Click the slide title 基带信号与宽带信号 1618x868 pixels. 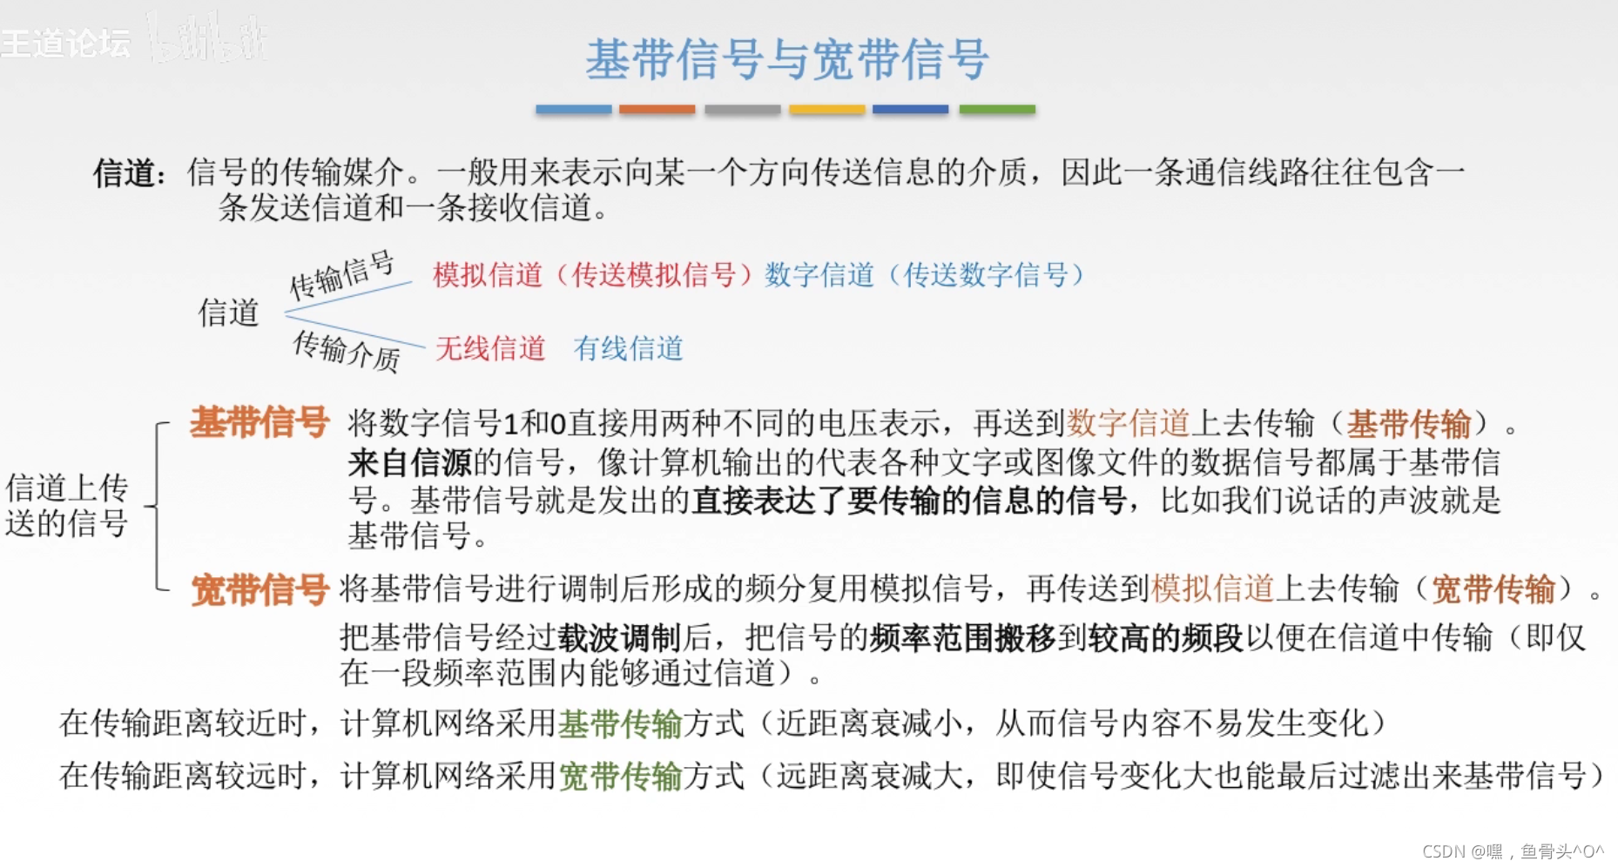(x=786, y=59)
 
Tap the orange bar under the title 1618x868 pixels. (x=657, y=110)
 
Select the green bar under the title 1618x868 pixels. (x=997, y=110)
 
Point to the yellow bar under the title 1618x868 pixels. (x=826, y=110)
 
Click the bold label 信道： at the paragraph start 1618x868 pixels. (x=130, y=172)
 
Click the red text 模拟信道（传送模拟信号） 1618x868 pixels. (x=592, y=275)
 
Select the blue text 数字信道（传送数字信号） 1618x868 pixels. (x=924, y=275)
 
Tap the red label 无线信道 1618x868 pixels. (x=490, y=348)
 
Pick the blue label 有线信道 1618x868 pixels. (x=628, y=348)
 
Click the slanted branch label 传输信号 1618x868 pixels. (x=341, y=274)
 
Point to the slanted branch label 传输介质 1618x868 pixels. (x=346, y=350)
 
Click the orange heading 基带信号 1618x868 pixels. (x=260, y=422)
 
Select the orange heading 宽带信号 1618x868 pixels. (x=260, y=589)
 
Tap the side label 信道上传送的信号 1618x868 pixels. (x=67, y=505)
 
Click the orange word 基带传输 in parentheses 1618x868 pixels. (x=1408, y=424)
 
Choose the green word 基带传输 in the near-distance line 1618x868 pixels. (x=619, y=723)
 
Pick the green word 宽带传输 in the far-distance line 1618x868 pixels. (x=619, y=776)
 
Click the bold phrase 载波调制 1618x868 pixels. (x=619, y=638)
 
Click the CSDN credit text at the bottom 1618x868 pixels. (x=1512, y=851)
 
